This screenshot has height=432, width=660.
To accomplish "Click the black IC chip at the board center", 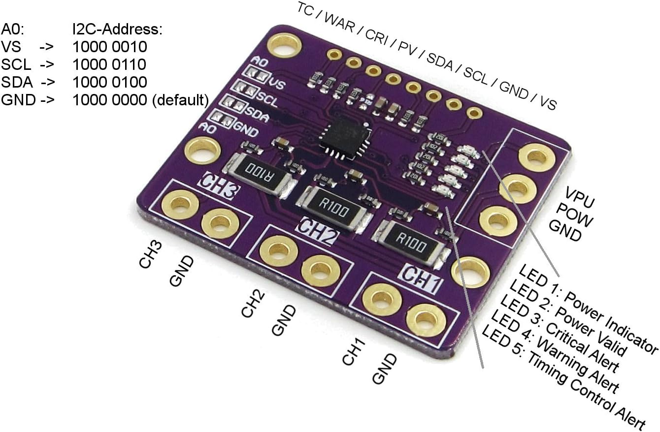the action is point(345,137).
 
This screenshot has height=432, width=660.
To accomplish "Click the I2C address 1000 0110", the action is point(109,64).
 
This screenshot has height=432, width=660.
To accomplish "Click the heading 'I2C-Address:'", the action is point(117,30).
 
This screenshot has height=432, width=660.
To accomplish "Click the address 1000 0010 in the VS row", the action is point(109,47).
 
